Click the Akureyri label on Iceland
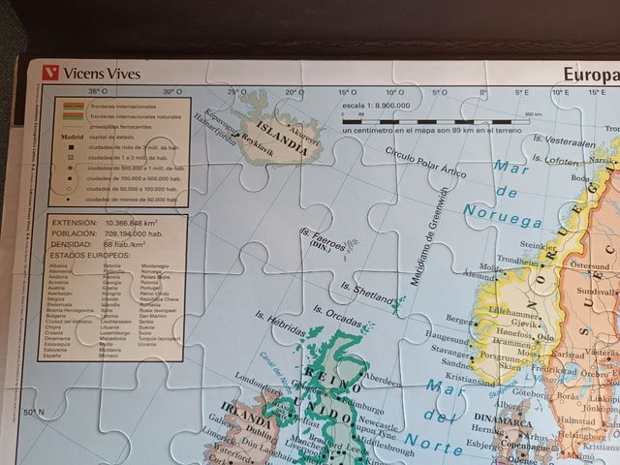[303, 138]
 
